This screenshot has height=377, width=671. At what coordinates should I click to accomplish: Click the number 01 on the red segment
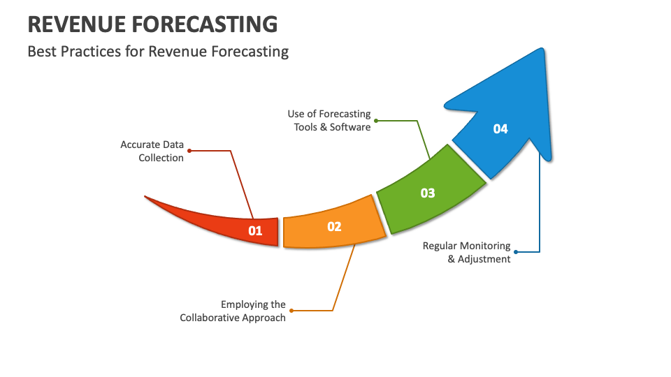(x=255, y=230)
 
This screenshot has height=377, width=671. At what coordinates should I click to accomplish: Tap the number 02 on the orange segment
(x=334, y=226)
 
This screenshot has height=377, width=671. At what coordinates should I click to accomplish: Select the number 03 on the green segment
(x=428, y=193)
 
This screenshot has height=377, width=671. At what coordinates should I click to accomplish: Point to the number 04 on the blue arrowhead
(x=500, y=128)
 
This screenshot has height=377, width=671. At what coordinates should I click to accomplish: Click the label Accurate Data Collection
(x=152, y=151)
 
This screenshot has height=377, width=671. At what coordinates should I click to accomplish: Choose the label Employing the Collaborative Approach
(x=233, y=311)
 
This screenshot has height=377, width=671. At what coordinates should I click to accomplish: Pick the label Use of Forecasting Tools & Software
(x=329, y=120)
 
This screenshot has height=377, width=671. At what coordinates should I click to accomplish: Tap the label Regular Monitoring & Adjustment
(x=467, y=253)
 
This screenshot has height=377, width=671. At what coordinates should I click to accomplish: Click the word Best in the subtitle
(x=41, y=52)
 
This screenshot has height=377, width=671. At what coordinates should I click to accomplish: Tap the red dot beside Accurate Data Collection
(x=189, y=150)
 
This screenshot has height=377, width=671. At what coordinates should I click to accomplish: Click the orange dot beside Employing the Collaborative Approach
(x=291, y=311)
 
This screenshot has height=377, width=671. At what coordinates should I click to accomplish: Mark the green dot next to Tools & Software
(x=376, y=120)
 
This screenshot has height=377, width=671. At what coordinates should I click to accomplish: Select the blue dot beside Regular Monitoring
(x=516, y=251)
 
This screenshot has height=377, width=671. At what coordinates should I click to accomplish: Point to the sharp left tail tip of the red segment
(x=145, y=197)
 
